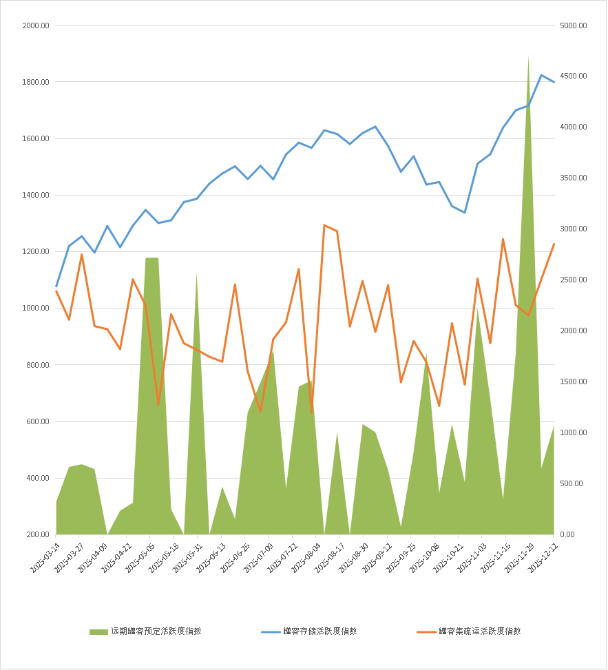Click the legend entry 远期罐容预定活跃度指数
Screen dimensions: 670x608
pos(156,631)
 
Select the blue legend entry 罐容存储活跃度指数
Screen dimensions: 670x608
pos(319,631)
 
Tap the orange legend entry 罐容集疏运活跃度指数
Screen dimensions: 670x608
pos(479,631)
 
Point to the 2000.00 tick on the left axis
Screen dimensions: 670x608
pos(36,25)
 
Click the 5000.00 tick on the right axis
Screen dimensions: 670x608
pos(574,25)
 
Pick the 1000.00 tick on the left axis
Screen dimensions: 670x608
pos(36,308)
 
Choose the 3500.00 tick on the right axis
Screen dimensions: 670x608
pos(574,178)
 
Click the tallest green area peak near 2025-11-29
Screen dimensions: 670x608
pos(528,56)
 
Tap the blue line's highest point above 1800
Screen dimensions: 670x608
pos(541,75)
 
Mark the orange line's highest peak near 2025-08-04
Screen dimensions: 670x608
pos(324,225)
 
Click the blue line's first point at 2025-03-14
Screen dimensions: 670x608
pos(56,286)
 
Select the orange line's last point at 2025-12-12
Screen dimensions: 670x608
pos(554,244)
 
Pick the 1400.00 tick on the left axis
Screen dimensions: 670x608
pos(36,196)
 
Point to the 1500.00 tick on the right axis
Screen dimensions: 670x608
pos(574,382)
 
